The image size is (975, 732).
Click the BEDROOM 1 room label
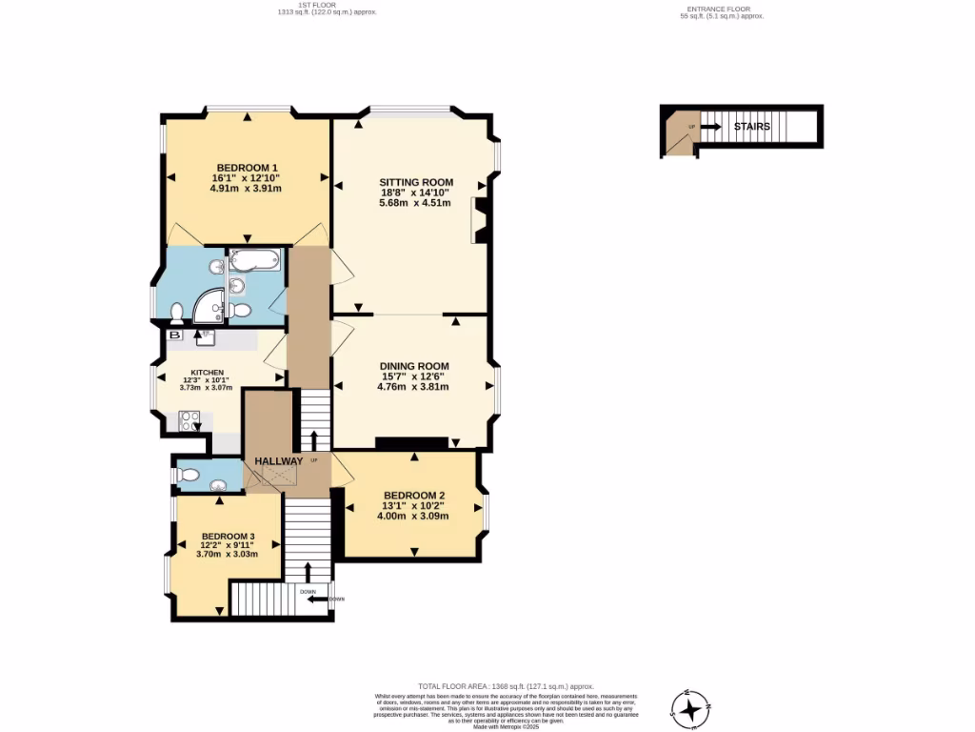point(246,168)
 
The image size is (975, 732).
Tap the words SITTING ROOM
point(416,182)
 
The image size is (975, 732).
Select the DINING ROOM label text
point(413,366)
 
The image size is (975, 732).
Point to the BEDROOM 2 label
point(414,495)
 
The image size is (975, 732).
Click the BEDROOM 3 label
point(229,536)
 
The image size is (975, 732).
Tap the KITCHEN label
point(207,372)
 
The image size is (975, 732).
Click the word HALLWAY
point(278,461)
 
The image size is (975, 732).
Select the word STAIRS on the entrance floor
point(751,126)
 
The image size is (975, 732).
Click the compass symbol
point(690,708)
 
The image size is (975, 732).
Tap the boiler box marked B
point(174,335)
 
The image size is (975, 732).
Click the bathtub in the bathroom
point(254,259)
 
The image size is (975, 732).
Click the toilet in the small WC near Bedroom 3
point(189,473)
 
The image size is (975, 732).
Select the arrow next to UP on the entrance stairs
point(710,126)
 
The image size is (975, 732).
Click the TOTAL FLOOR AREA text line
point(506,686)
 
